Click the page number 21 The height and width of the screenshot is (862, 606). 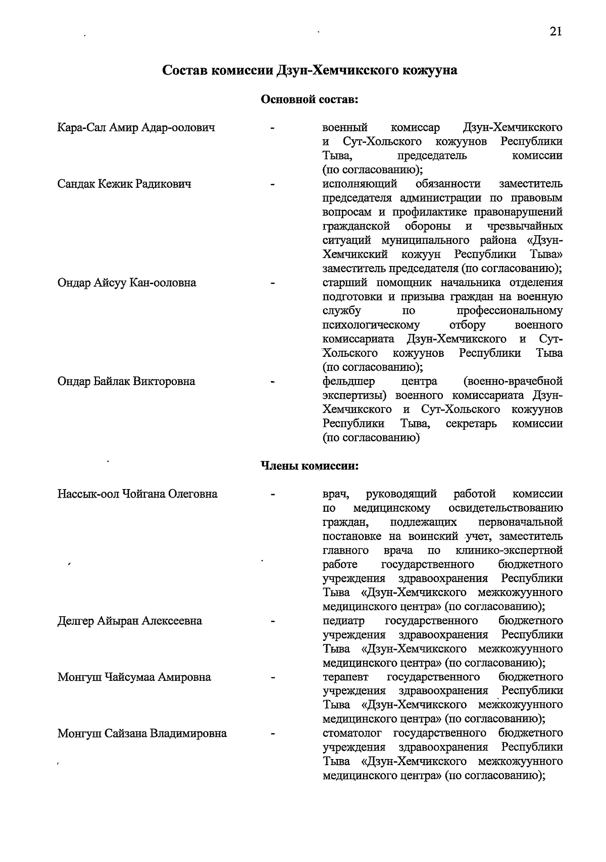click(x=555, y=31)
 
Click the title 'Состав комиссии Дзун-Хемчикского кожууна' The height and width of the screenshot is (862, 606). click(x=310, y=70)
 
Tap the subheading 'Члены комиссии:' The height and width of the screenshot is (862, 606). click(x=309, y=465)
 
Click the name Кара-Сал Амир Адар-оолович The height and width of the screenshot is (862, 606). click(x=136, y=128)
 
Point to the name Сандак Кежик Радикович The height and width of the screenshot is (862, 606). click(x=124, y=184)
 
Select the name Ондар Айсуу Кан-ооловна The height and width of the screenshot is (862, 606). click(x=127, y=283)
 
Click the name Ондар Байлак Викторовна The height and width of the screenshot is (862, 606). click(x=126, y=381)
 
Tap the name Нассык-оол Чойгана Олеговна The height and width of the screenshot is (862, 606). click(x=137, y=494)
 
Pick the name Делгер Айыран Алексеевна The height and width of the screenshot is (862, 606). click(x=130, y=621)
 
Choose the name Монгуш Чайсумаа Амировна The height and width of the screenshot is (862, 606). click(x=134, y=677)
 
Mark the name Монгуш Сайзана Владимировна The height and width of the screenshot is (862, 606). click(x=142, y=733)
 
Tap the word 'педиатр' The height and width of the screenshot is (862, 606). click(x=343, y=620)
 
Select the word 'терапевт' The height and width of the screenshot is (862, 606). click(x=345, y=676)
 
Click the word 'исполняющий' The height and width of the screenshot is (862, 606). click(x=360, y=184)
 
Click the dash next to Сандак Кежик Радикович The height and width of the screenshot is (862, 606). click(x=273, y=185)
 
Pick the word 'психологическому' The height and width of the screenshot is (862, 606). click(x=371, y=325)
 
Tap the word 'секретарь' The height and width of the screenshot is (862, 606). click(x=471, y=423)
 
